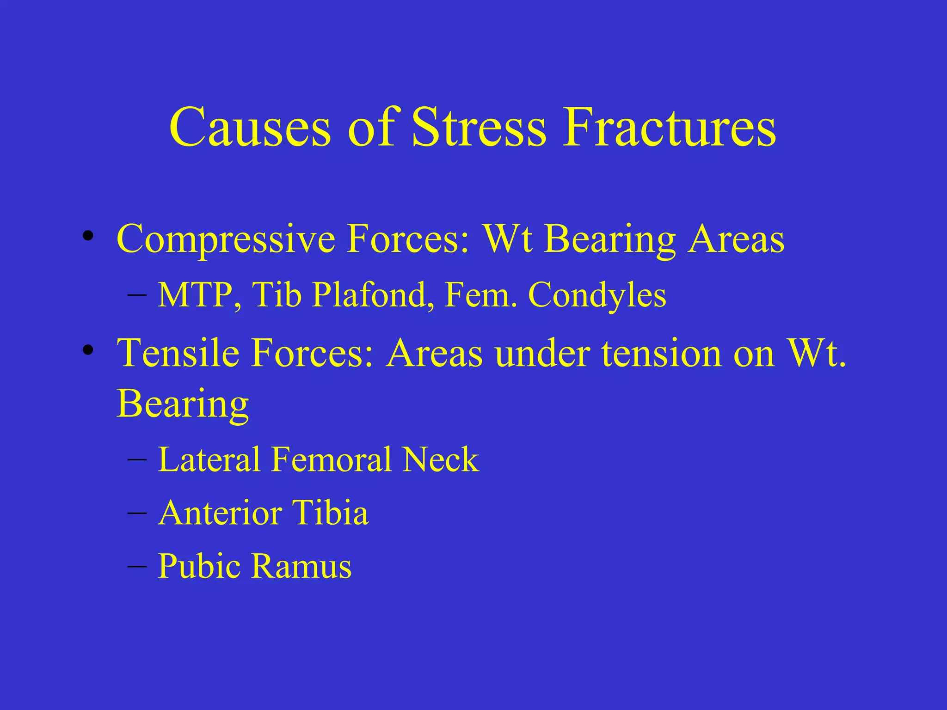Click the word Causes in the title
250,127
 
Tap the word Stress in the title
479,127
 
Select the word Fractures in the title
669,127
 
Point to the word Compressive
226,239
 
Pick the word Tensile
178,353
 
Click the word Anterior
220,513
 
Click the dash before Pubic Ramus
137,566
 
